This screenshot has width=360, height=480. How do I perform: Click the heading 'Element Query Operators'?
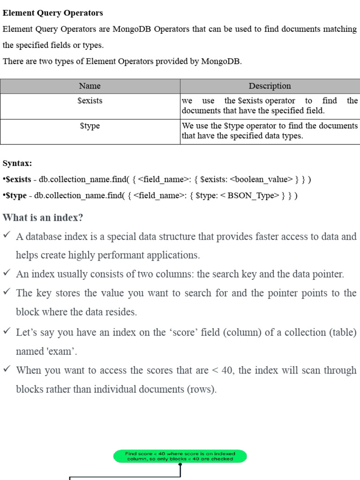click(53, 13)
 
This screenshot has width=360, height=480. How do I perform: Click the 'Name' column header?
click(90, 86)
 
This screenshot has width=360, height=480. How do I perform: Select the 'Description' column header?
click(270, 86)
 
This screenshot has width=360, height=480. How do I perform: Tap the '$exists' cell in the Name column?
click(90, 101)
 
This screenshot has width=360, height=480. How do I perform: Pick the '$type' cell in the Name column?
click(90, 126)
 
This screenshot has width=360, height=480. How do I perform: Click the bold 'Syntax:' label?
click(17, 163)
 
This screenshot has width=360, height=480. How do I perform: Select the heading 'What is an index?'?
click(43, 218)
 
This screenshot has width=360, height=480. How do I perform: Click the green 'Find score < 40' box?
click(180, 456)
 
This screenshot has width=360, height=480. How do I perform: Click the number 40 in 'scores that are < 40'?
click(227, 370)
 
